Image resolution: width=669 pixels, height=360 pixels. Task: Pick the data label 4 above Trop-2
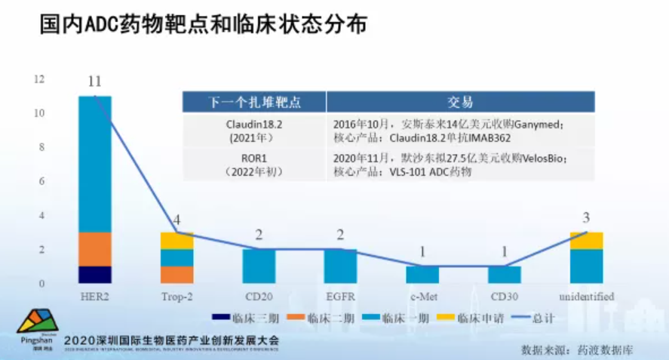pos(176,220)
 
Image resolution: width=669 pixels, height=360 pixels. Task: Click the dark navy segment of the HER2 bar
pos(94,275)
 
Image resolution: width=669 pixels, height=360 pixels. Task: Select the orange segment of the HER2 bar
pos(94,249)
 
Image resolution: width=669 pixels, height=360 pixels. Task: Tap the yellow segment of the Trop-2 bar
pos(176,241)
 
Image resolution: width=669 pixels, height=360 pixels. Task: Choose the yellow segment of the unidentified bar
pos(586,241)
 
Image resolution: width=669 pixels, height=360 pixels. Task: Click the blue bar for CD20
pos(258,266)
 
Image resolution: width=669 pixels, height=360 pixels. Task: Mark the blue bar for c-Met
pos(422,275)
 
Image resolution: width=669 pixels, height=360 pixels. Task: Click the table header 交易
pos(460,102)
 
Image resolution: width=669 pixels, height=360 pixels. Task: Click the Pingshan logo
pos(37,329)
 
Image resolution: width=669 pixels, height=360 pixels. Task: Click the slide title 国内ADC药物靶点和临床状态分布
pos(203,24)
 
